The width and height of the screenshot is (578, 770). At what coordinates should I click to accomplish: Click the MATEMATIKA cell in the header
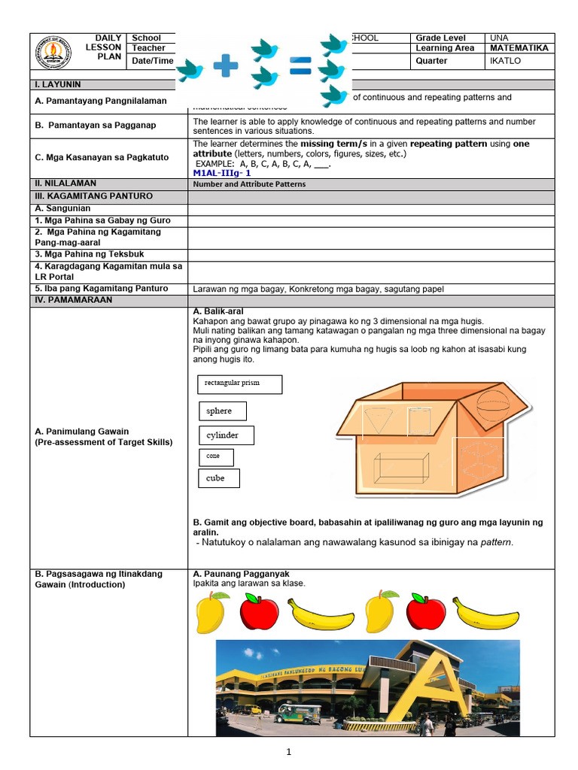point(519,48)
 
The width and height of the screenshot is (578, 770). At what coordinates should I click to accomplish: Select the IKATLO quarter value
point(505,61)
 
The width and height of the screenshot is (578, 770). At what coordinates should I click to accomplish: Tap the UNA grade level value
point(498,38)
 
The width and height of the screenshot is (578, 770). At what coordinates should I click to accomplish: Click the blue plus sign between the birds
point(225,68)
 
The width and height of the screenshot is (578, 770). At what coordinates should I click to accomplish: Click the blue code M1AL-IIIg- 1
point(222,173)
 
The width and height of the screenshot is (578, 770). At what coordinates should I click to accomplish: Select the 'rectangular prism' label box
point(238,384)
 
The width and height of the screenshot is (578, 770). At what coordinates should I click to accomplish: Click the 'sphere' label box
point(222,411)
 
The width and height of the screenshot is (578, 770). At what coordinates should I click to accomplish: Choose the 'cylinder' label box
point(226,435)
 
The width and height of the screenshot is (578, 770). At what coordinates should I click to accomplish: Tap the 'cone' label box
point(216,457)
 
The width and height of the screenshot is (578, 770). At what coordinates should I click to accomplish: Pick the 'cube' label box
point(219,478)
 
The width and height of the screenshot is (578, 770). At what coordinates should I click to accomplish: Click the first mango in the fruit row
point(211,612)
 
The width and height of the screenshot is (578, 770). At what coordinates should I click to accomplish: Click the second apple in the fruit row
point(425,612)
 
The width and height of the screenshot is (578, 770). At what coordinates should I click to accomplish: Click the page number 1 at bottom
point(288,751)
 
